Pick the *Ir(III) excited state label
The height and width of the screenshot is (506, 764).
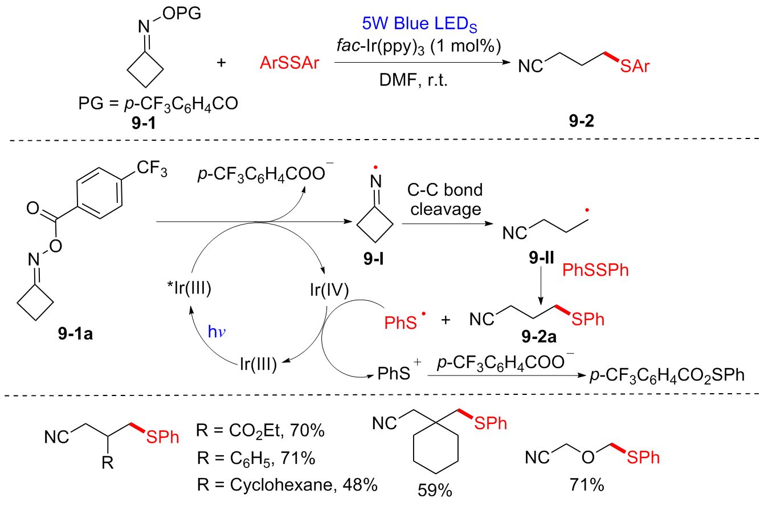click(185, 289)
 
